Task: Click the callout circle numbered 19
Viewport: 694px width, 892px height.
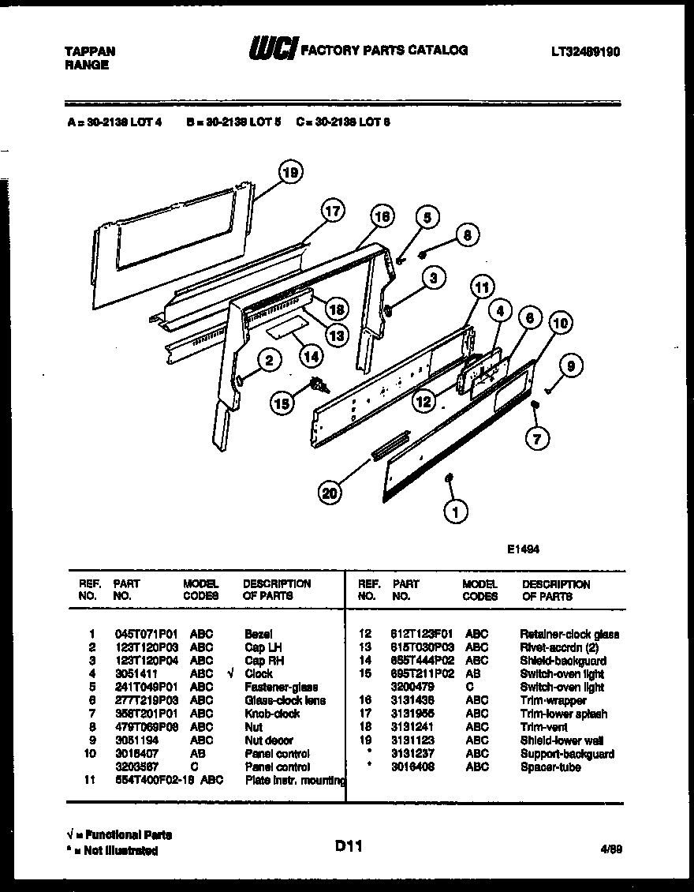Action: click(x=290, y=171)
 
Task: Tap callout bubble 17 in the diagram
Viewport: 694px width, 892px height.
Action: click(x=334, y=212)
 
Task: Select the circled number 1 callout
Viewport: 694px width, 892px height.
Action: click(x=455, y=512)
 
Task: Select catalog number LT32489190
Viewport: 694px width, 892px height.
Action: click(x=585, y=51)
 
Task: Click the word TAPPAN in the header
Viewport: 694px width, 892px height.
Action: click(x=89, y=51)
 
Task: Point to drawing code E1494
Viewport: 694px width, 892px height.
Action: click(x=523, y=550)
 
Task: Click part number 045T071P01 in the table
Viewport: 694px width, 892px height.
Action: click(x=136, y=634)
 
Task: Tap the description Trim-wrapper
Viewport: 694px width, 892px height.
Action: click(x=552, y=700)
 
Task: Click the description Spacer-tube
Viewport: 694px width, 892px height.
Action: click(x=550, y=767)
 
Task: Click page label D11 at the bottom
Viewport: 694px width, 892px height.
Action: click(x=348, y=846)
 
